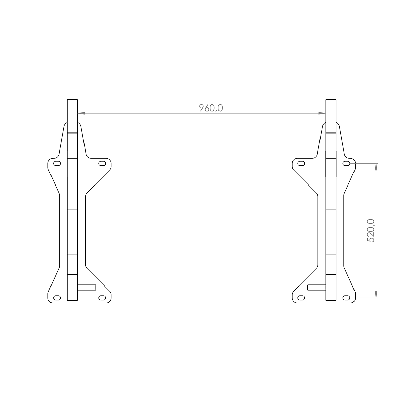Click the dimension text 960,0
click(211, 108)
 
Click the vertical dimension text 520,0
click(370, 231)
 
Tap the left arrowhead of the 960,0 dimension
click(81, 114)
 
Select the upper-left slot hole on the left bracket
click(57, 163)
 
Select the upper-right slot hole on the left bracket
click(102, 163)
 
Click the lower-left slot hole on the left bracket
click(57, 298)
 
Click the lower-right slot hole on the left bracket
click(102, 298)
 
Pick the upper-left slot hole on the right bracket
click(302, 163)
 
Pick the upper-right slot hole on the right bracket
click(346, 163)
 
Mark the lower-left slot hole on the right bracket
click(302, 298)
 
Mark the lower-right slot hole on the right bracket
click(346, 298)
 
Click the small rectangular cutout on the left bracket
click(87, 287)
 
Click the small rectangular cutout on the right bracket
click(316, 287)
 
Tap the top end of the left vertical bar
click(72, 100)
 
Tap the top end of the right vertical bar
click(331, 100)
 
